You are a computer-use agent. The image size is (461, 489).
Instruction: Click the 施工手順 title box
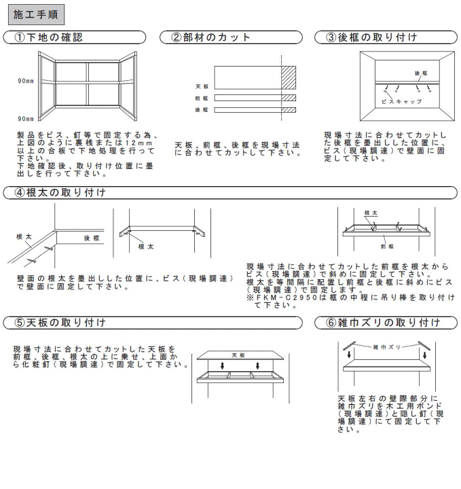click(36, 14)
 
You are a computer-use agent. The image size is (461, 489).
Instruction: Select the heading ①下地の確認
click(49, 37)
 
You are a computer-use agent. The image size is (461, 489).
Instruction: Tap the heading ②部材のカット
click(210, 37)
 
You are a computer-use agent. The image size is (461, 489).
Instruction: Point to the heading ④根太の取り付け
click(60, 192)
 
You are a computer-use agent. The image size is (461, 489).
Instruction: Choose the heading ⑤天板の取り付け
click(60, 323)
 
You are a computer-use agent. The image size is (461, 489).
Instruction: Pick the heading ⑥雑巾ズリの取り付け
click(384, 323)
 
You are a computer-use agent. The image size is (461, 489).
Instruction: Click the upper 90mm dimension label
click(26, 81)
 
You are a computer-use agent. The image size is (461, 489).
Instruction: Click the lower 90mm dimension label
click(26, 119)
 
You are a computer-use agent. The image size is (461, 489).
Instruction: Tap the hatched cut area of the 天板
click(289, 77)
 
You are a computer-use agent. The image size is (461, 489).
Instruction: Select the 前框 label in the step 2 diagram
click(202, 98)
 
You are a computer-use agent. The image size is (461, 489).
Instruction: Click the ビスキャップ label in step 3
click(402, 102)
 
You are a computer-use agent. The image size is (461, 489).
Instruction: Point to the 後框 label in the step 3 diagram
click(421, 73)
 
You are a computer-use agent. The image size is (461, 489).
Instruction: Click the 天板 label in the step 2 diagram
click(202, 86)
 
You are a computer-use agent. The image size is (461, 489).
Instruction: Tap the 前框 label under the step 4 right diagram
click(387, 247)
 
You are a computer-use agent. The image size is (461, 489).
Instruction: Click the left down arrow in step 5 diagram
click(222, 365)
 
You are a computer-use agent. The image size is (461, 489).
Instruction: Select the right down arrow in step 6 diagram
click(424, 355)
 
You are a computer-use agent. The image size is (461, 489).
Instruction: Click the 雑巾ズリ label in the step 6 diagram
click(386, 347)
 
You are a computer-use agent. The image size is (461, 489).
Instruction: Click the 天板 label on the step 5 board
click(238, 355)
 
